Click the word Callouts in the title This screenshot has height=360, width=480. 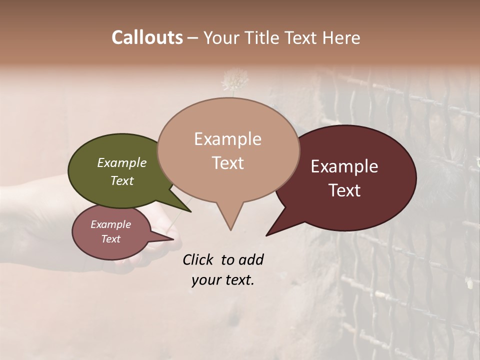[x=147, y=37]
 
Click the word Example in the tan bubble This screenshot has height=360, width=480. [x=227, y=139]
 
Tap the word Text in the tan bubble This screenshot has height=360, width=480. [x=227, y=163]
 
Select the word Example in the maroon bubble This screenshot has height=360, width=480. [x=344, y=166]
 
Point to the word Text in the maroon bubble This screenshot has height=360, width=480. [x=344, y=190]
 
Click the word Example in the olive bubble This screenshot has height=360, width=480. [x=121, y=163]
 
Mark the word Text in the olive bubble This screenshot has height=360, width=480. [x=121, y=181]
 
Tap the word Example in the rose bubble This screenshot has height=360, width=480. [x=110, y=224]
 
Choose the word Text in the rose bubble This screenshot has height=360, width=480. [x=110, y=239]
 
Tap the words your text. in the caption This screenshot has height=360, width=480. [x=222, y=280]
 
